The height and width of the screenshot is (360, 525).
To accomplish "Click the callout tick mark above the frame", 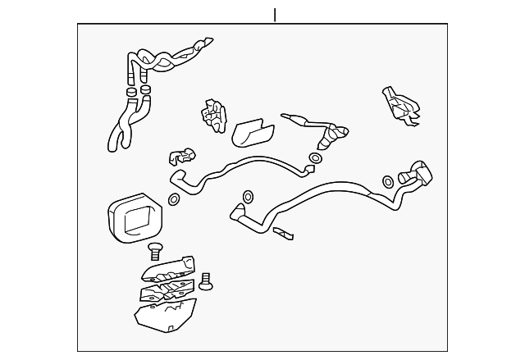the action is click(x=275, y=16).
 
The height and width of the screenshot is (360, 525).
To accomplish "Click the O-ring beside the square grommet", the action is click(x=175, y=199).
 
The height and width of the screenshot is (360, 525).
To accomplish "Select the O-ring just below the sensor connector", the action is click(x=316, y=157).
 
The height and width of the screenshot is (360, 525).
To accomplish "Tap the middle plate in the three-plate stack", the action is click(x=168, y=289).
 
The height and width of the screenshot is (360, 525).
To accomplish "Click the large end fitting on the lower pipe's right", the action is click(x=418, y=174).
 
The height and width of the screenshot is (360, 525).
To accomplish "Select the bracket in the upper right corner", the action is click(x=402, y=105).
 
